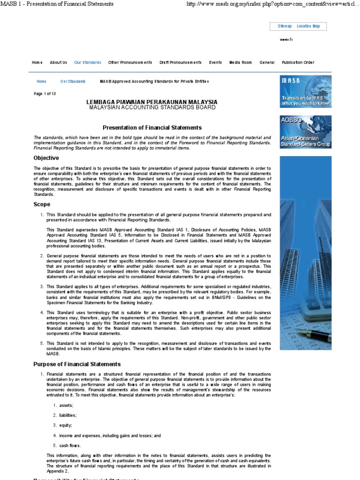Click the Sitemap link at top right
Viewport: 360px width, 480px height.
click(x=285, y=26)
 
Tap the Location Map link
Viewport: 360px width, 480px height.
click(x=308, y=26)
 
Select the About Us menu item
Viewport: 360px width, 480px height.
click(x=59, y=62)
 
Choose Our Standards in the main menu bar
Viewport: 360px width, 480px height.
click(x=88, y=62)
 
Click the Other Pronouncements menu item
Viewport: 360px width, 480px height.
click(x=130, y=62)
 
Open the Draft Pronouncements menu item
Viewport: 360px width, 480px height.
click(x=180, y=62)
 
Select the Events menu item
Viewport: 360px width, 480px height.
click(x=216, y=62)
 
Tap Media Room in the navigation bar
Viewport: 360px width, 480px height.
click(x=240, y=62)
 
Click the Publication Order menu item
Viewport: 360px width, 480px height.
click(x=298, y=62)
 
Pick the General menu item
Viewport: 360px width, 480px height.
click(x=267, y=62)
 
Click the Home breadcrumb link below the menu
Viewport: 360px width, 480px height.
click(x=42, y=82)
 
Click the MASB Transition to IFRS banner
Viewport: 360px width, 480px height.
click(x=306, y=91)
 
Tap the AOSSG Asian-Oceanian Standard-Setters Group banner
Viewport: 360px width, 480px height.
click(x=306, y=132)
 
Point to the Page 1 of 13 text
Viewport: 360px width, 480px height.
click(x=45, y=94)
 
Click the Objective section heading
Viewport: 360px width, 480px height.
click(x=46, y=158)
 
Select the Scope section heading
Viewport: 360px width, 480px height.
click(x=42, y=204)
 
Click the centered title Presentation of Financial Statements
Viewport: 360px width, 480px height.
click(x=152, y=127)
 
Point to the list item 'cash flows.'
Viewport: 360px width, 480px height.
click(x=70, y=446)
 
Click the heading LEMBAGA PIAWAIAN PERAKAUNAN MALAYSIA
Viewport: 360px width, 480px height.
click(x=152, y=102)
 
